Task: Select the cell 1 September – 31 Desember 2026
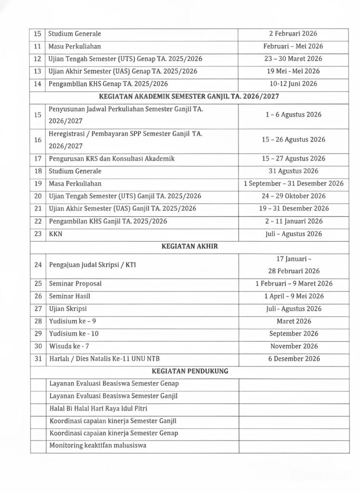(x=293, y=183)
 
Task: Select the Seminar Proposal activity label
(x=75, y=284)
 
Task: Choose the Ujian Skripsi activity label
(x=68, y=309)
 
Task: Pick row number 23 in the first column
(x=38, y=234)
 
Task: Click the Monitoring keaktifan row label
(x=98, y=446)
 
